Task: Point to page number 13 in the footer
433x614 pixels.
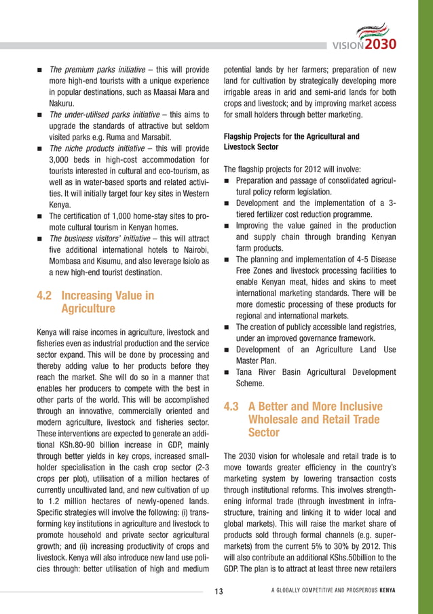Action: point(219,592)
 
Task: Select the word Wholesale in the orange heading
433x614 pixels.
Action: point(276,419)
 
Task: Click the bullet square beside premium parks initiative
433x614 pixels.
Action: point(41,70)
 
